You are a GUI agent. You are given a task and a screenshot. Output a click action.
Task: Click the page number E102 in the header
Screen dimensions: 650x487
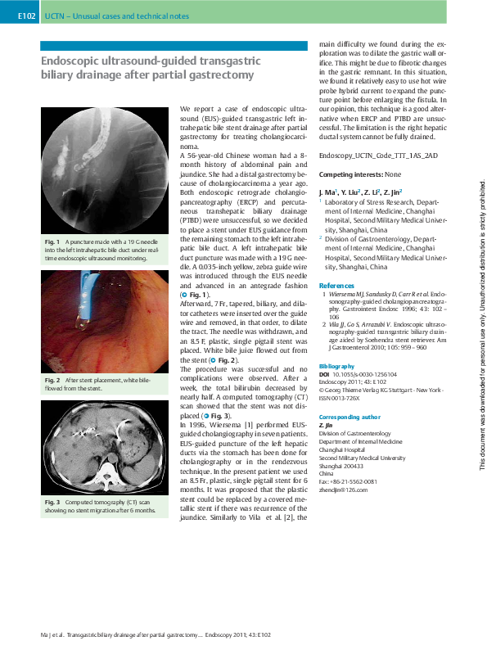pos(28,16)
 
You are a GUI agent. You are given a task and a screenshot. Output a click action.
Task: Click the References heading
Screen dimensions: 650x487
pos(338,285)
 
